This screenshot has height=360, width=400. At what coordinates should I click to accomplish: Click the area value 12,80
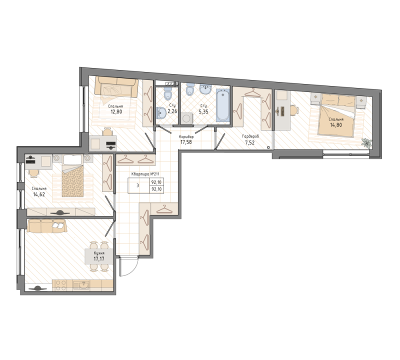(x=116, y=111)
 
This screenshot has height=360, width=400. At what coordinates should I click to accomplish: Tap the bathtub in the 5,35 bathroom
(x=222, y=105)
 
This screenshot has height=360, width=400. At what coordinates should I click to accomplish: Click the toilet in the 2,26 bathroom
(x=167, y=93)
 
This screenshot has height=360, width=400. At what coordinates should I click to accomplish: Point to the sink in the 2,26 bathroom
(x=160, y=113)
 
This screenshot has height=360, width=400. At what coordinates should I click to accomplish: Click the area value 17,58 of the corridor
(x=186, y=142)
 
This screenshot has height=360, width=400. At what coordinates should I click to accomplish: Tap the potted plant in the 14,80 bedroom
(x=366, y=142)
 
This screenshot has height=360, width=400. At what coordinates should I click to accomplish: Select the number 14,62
(x=39, y=194)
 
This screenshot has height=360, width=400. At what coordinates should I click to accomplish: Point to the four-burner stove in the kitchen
(x=60, y=285)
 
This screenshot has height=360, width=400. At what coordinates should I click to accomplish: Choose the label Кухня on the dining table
(x=99, y=253)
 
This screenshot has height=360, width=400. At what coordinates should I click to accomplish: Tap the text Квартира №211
(x=145, y=174)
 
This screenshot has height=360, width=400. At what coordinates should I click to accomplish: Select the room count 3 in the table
(x=138, y=185)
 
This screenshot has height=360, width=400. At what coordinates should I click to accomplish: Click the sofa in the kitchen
(x=46, y=226)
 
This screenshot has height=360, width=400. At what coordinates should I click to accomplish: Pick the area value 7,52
(x=250, y=142)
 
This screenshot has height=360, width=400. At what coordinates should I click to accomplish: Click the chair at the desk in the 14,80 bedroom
(x=294, y=111)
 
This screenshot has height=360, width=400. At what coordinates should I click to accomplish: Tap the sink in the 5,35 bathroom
(x=205, y=89)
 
